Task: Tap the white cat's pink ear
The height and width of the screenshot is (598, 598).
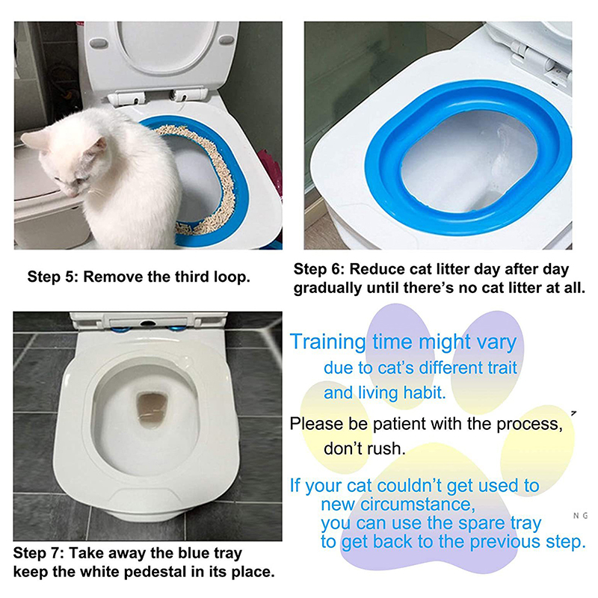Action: click(99, 146)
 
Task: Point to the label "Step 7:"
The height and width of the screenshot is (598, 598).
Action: click(39, 553)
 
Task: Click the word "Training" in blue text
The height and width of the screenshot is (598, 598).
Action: click(328, 342)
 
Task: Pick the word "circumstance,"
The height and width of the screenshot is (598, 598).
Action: click(418, 505)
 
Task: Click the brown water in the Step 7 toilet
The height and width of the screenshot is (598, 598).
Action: click(152, 410)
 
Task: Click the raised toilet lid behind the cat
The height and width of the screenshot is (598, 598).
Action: click(160, 58)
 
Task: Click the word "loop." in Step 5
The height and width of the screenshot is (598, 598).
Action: click(232, 277)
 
